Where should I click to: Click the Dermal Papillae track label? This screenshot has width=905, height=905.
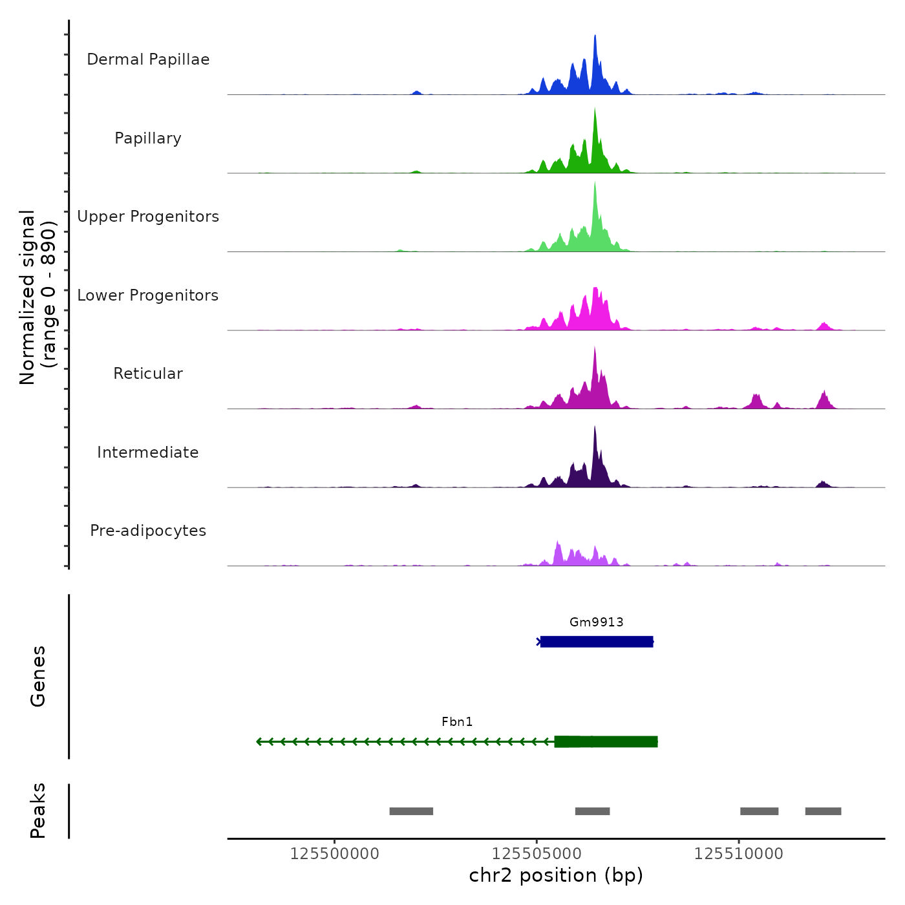(148, 59)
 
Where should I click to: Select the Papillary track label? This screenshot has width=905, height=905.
(148, 138)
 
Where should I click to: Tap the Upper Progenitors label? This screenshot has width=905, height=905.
(148, 217)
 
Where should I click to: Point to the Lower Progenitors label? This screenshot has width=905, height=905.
(148, 295)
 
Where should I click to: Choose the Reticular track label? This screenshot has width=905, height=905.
(148, 374)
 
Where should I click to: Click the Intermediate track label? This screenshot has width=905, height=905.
(148, 452)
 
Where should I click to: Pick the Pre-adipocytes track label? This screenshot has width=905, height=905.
(148, 531)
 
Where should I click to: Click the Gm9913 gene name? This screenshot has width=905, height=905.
(596, 623)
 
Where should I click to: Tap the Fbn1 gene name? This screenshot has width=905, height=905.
(457, 722)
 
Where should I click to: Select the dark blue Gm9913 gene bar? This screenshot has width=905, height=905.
(596, 642)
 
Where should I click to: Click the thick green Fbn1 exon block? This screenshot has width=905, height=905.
(606, 741)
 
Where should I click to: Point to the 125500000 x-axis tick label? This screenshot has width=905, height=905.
(334, 854)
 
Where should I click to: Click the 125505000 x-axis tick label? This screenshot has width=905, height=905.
(537, 854)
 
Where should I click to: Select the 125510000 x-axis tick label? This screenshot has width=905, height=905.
(738, 854)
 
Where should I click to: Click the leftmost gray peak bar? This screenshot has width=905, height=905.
(411, 811)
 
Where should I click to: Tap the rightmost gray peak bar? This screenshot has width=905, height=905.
(823, 811)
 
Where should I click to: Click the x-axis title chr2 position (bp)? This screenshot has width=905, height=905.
(556, 876)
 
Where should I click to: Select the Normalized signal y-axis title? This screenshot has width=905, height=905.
(37, 297)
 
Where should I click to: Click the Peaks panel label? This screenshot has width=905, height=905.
(37, 811)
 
